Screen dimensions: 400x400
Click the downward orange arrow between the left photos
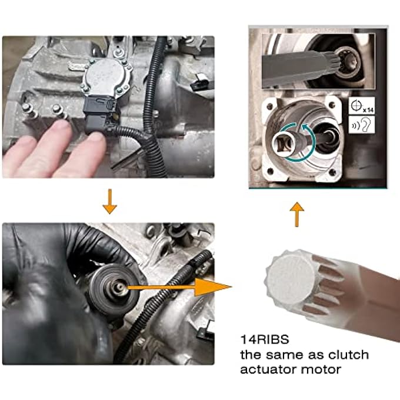[x=110, y=201]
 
